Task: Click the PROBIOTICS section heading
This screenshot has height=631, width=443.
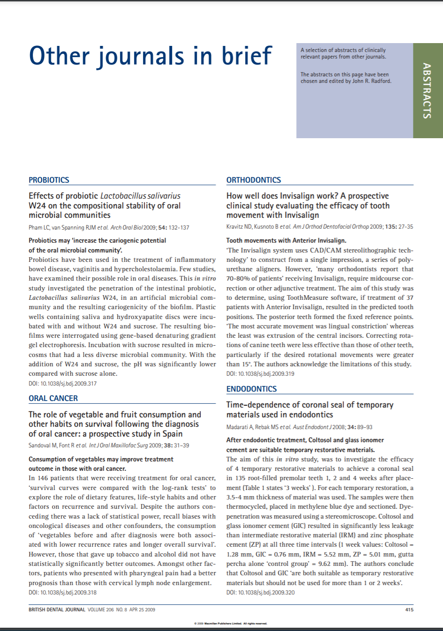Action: [49, 180]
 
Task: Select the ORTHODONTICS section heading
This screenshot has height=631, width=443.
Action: [254, 180]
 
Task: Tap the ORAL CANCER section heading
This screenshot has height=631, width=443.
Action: [53, 398]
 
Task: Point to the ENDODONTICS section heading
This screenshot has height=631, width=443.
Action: [251, 389]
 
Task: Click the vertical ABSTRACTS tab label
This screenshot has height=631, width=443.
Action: [427, 90]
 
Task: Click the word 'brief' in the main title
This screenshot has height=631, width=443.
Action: [247, 56]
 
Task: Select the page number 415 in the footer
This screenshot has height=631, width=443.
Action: [409, 609]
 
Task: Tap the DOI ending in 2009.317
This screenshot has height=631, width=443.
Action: [62, 383]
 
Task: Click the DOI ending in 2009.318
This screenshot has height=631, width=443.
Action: [62, 592]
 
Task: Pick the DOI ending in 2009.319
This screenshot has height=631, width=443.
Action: [260, 373]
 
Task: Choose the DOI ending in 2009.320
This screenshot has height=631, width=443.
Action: [260, 592]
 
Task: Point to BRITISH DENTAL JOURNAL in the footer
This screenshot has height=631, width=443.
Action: [57, 609]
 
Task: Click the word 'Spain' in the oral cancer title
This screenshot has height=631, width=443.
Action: [172, 434]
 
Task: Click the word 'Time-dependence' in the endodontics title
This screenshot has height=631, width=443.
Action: [257, 405]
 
